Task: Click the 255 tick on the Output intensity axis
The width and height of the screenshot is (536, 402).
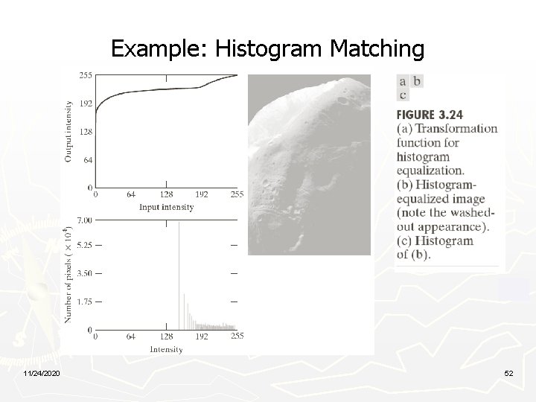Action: pyautogui.click(x=85, y=75)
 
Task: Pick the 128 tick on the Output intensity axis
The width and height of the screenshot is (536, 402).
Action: pyautogui.click(x=85, y=131)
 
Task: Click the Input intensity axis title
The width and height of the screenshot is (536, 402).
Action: pyautogui.click(x=167, y=206)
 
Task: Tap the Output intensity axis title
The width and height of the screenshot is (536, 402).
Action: pyautogui.click(x=68, y=131)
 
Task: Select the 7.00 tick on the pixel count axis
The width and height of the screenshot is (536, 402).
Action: pyautogui.click(x=84, y=220)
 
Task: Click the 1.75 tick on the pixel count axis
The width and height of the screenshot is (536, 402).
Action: pyautogui.click(x=84, y=301)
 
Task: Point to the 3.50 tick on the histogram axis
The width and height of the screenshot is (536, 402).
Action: pyautogui.click(x=84, y=274)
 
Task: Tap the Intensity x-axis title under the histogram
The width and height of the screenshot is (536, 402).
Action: pyautogui.click(x=167, y=348)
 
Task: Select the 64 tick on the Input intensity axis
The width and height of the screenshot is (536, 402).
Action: pyautogui.click(x=131, y=194)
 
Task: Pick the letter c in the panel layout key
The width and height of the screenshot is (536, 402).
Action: pyautogui.click(x=403, y=95)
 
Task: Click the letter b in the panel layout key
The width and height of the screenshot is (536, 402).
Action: pyautogui.click(x=417, y=81)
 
